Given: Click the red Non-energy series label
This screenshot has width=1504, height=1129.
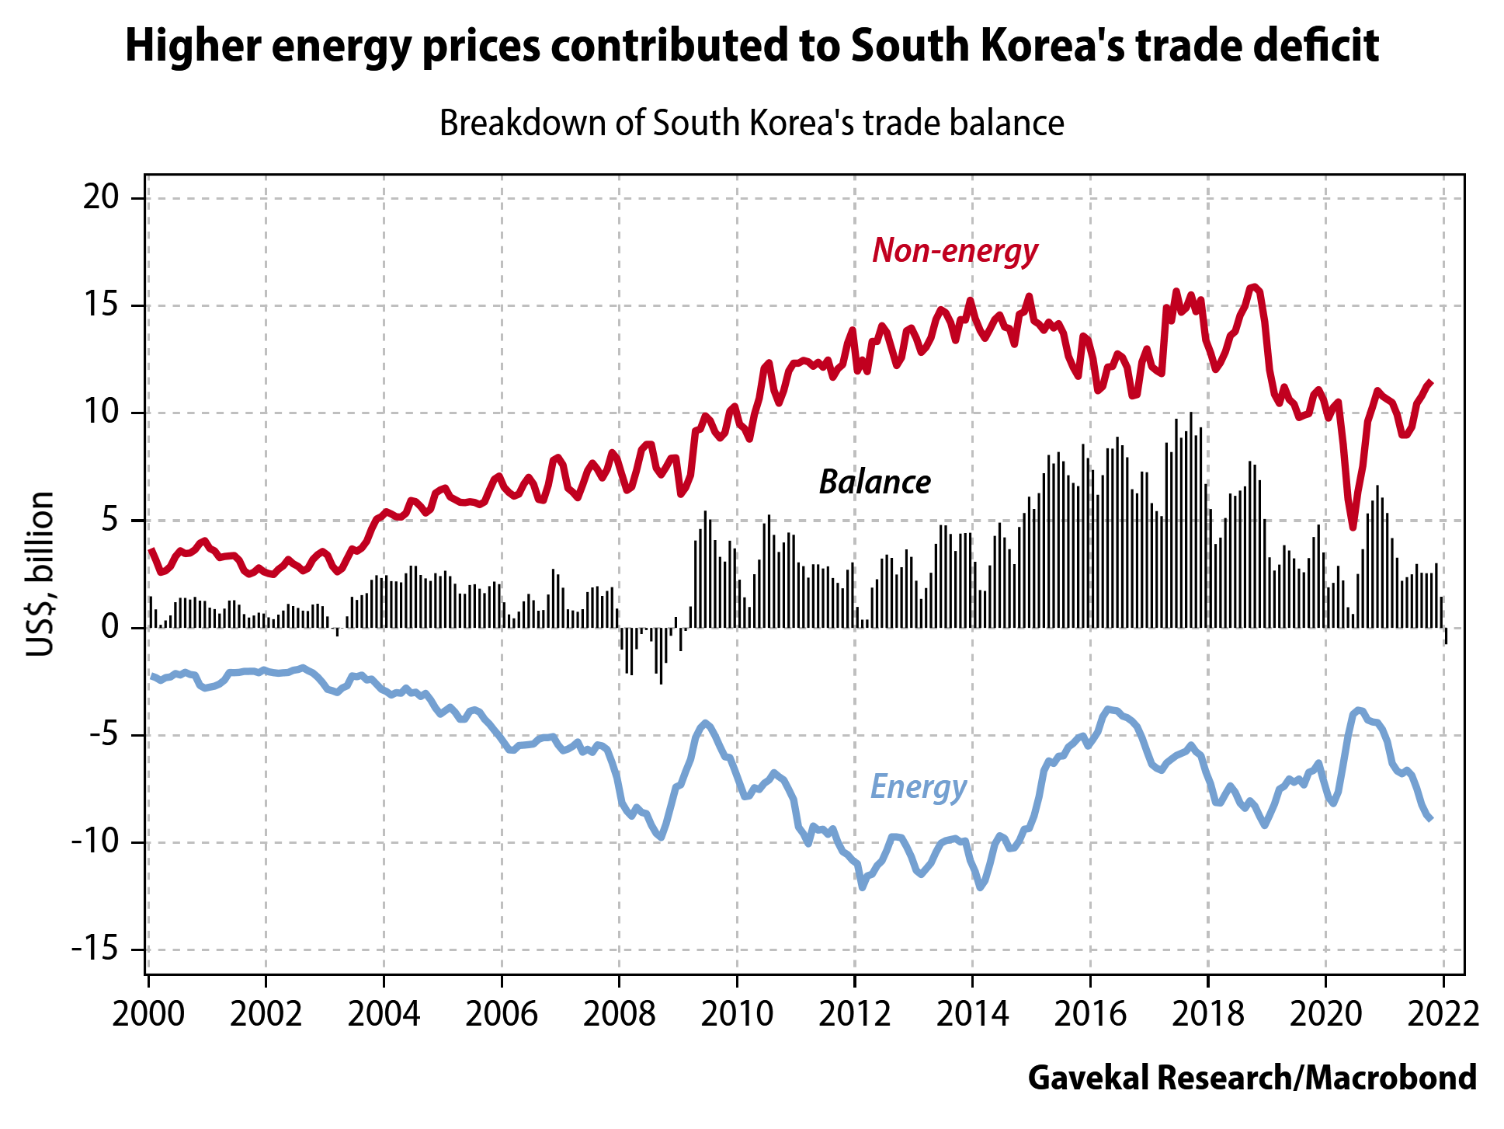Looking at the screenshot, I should coord(955,251).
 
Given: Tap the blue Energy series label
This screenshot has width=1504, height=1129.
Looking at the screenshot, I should coord(919,786).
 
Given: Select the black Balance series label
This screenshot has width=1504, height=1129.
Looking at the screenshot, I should coord(875,483).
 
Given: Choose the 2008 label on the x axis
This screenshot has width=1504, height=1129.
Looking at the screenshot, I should coord(619,1013).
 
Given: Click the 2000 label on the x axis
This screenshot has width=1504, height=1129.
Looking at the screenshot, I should coord(148,1013).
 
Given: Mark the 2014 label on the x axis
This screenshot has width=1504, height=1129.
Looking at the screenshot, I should coord(972,1013).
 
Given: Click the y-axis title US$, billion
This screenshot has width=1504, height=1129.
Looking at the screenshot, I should coord(40,573).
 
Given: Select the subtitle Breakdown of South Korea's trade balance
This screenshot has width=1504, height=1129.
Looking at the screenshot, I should coord(752,124).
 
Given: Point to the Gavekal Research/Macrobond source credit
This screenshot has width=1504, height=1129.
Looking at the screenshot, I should coord(1252,1078).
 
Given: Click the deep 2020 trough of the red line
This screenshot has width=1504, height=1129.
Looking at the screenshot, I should coord(1353,527).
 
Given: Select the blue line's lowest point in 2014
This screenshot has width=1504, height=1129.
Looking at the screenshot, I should coord(981,887).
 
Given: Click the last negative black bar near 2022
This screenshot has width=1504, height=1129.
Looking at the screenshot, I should coord(1446,636).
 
